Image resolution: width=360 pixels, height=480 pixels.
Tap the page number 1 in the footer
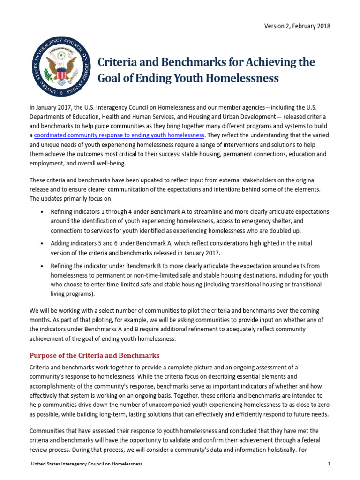[x=330, y=464]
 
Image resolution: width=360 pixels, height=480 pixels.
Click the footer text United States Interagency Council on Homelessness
[x=86, y=464]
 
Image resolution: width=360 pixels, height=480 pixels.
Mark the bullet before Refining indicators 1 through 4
[x=43, y=212]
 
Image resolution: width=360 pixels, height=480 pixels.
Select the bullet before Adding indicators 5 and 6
[x=43, y=244]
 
